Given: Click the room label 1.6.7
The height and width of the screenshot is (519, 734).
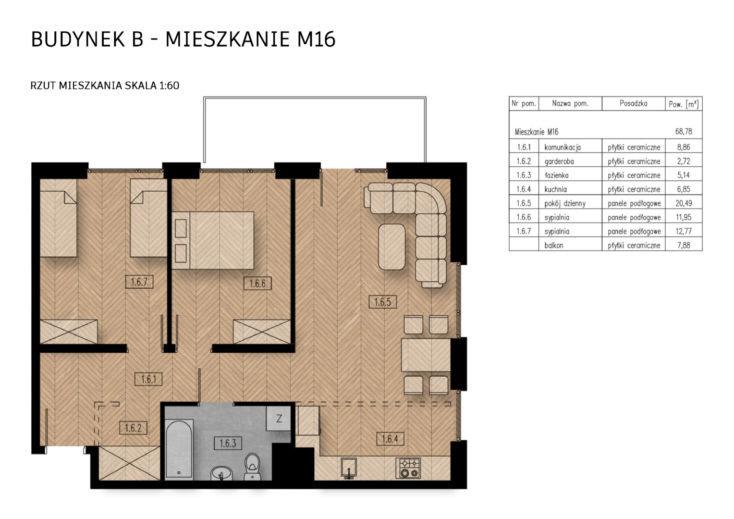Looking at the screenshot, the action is (x=139, y=282).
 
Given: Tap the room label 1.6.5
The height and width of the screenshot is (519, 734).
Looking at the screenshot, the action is (x=382, y=302).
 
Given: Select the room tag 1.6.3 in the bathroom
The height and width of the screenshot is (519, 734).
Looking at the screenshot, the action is (x=228, y=444).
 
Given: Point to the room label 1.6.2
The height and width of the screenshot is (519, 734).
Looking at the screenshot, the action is (x=133, y=428).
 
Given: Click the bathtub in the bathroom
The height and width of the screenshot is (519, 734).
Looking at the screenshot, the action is (x=179, y=449).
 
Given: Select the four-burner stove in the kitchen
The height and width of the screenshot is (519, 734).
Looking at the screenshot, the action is (x=408, y=468).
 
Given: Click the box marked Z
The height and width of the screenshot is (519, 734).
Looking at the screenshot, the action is (x=279, y=419).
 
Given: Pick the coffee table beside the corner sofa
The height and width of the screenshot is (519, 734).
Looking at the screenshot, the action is (x=391, y=247).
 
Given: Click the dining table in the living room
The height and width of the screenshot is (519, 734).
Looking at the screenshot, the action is (x=426, y=355).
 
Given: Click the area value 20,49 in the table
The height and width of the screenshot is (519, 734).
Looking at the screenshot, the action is (x=684, y=203).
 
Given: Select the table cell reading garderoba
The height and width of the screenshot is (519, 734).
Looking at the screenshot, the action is (x=559, y=161).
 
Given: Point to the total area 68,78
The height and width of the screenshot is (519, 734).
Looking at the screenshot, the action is (x=684, y=132).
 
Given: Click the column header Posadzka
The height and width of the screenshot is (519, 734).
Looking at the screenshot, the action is (x=634, y=104).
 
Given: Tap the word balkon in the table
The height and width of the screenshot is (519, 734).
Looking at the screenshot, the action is (x=554, y=245).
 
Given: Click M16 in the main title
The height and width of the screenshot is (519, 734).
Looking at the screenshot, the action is (x=316, y=39).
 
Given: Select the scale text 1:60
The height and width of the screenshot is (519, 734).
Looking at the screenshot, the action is (x=169, y=86).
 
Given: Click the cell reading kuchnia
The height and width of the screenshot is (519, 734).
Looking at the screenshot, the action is (x=555, y=189).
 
